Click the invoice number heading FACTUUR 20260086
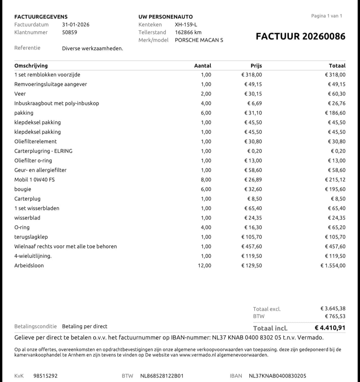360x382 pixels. pos(300,37)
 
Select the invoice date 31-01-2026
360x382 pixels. pos(76,25)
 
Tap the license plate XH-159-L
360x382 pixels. pos(186,25)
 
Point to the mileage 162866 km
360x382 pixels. pos(188,32)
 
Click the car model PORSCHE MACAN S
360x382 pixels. pos(199,40)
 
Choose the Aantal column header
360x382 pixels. pos(202,66)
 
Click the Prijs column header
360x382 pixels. pos(256,66)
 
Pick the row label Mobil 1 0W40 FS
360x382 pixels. pos(34,180)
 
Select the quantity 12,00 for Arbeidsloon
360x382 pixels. pos(204,266)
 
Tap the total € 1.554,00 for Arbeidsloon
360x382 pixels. pos(333,266)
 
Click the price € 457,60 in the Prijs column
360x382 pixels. pos(251,247)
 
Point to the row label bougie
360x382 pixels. pos(23,189)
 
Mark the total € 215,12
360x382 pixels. pos(335,180)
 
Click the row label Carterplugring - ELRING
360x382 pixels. pos(43,151)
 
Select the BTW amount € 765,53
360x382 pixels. pos(335,316)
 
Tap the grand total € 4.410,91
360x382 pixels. pos(330,328)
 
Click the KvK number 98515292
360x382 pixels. pos(45,376)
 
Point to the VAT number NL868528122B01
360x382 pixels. pos(162,376)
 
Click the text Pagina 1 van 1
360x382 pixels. pos(327,16)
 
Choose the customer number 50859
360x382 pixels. pos(69,32)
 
